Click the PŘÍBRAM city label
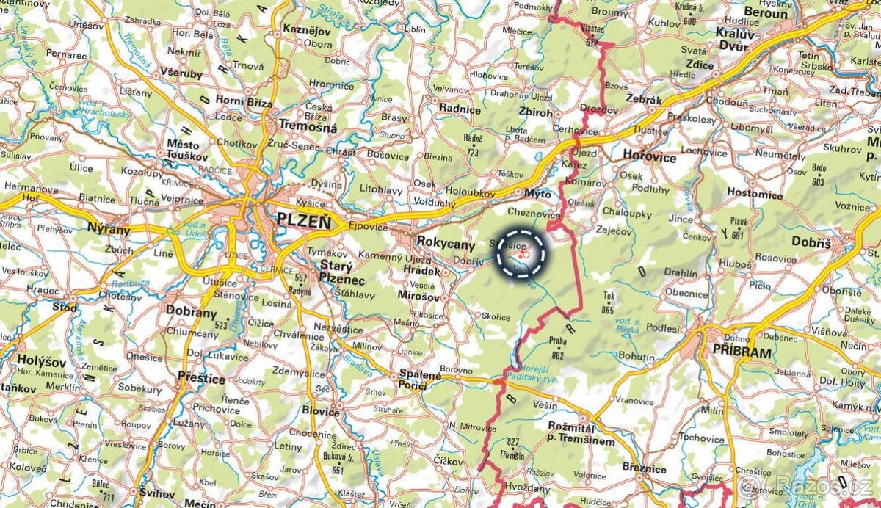point(742,352)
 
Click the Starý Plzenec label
point(341,272)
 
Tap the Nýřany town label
point(108,229)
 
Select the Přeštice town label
point(201,378)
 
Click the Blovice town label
point(320,412)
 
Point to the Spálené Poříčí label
point(420,378)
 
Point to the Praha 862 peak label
point(556,346)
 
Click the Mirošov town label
point(418,297)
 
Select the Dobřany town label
point(191,310)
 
